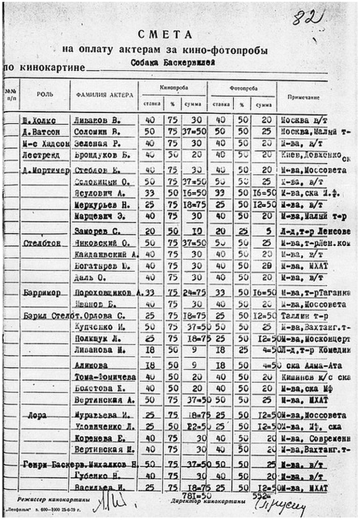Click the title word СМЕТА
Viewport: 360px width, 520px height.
point(165,35)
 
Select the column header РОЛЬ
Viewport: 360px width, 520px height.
point(45,94)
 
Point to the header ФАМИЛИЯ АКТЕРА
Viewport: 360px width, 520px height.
point(105,95)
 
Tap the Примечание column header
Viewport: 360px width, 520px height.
point(303,96)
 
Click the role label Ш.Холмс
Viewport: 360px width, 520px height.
point(39,121)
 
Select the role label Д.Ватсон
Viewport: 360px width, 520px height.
point(39,132)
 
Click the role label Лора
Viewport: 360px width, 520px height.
point(38,415)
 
